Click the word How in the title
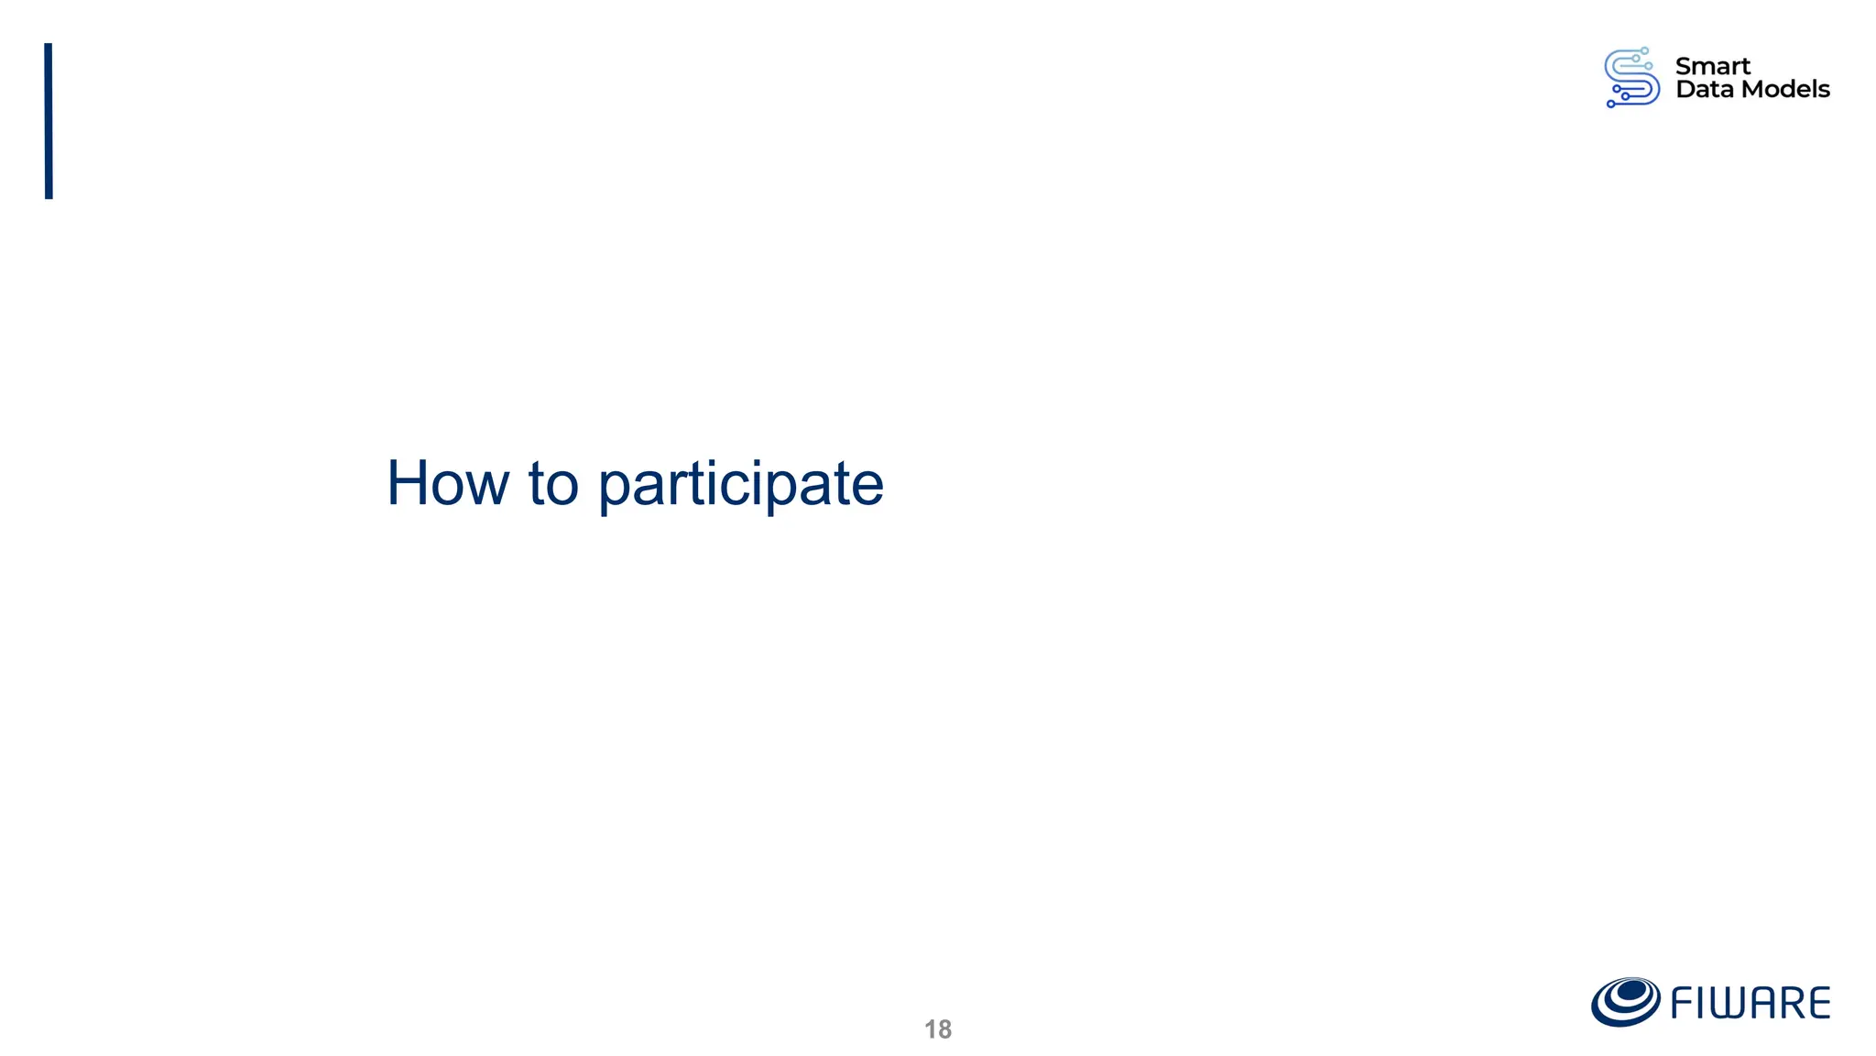tap(447, 483)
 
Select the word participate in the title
tap(740, 485)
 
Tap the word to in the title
tap(553, 484)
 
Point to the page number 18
tap(938, 1029)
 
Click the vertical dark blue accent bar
tap(49, 121)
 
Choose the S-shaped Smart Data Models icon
tap(1631, 78)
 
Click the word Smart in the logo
tap(1712, 66)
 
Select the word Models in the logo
tap(1786, 89)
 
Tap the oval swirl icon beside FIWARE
tap(1625, 1001)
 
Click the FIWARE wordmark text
tap(1750, 1003)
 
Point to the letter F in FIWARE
tap(1682, 1003)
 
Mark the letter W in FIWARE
tap(1727, 1003)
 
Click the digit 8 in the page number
tap(944, 1029)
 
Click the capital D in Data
tap(1685, 89)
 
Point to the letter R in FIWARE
tap(1793, 1003)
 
